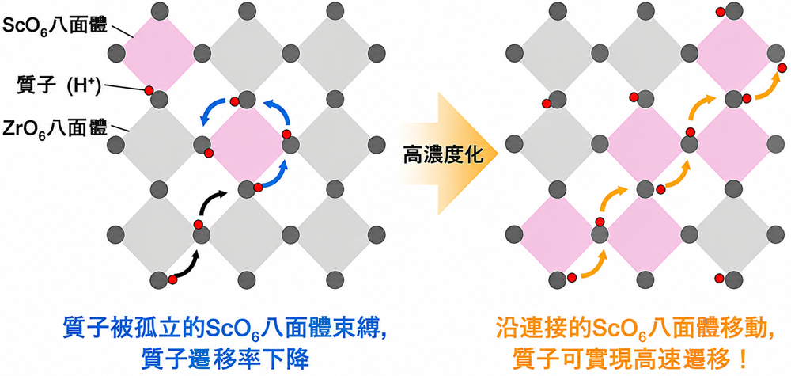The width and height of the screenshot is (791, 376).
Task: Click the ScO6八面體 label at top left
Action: coord(55,25)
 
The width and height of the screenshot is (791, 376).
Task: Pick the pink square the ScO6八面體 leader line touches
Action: coord(159,52)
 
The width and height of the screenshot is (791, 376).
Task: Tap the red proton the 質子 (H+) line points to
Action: coord(149,90)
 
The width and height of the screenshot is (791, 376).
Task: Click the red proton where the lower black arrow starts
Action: coord(172,279)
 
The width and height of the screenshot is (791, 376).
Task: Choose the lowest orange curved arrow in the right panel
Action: coord(595,267)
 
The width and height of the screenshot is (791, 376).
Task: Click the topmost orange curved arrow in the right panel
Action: coord(768,89)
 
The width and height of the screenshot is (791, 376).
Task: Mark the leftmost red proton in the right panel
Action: coord(546,104)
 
